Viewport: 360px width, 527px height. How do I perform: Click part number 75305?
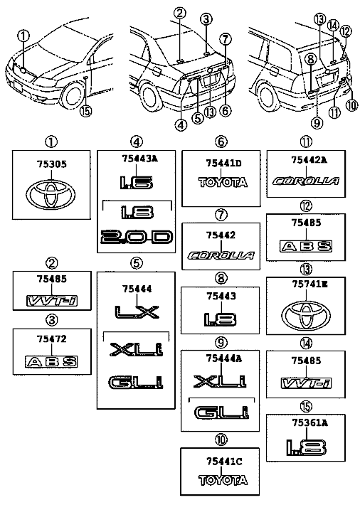coord(51,164)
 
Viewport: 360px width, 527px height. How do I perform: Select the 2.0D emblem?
coord(137,237)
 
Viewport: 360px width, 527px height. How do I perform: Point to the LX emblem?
coord(137,312)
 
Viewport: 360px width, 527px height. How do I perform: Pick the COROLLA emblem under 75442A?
coord(305,181)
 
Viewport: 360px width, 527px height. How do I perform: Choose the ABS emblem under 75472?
coord(51,361)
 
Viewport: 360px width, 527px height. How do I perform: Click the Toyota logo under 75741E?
coord(305,316)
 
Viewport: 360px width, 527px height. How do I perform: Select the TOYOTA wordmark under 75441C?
coord(223,480)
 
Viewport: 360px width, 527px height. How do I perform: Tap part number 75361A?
coord(309,422)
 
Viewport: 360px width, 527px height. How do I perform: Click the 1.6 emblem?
coord(137,182)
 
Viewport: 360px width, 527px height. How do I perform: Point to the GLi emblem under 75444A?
coord(221,412)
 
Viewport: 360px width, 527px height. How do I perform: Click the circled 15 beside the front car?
coord(86,110)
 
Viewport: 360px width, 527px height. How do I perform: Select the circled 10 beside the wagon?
coord(352,105)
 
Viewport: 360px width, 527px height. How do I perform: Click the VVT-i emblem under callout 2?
coord(52,300)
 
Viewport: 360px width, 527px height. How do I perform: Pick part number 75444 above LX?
coord(137,289)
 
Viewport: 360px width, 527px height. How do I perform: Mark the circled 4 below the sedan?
coord(181,125)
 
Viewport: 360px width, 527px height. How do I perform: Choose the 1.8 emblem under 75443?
coord(220,319)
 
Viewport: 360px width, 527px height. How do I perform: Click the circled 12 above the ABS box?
coord(346,31)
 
